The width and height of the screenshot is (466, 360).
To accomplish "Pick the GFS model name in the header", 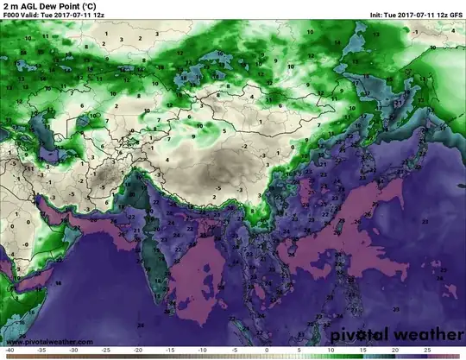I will (455, 16).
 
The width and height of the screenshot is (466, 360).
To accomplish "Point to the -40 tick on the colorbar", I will (9, 351).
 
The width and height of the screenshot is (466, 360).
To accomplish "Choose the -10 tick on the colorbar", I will (202, 351).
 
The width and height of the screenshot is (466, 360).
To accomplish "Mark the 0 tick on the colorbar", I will (267, 351).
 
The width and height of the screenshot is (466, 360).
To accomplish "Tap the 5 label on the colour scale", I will (299, 351).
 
